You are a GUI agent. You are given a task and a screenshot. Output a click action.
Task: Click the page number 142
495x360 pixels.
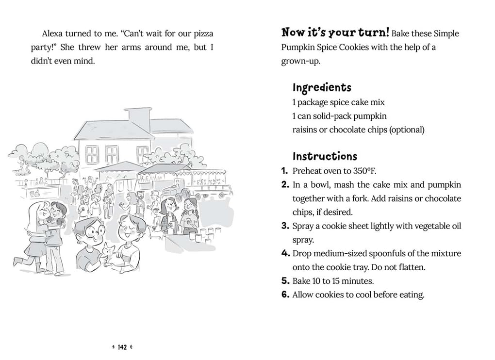(122, 347)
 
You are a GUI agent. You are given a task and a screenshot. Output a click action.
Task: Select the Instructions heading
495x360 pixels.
(325, 156)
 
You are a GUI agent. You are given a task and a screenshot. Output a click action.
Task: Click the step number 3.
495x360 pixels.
(285, 226)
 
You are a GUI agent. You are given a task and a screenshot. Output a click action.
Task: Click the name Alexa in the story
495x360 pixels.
(52, 33)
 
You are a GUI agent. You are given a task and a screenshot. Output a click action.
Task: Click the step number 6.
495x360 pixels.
(285, 295)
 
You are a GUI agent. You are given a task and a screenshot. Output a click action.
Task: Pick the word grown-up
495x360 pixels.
(300, 61)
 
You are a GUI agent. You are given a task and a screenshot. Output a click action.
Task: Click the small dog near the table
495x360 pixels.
(155, 232)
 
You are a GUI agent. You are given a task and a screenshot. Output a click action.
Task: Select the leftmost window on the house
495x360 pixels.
(93, 155)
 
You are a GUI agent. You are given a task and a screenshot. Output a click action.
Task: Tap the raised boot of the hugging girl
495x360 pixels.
(18, 261)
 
